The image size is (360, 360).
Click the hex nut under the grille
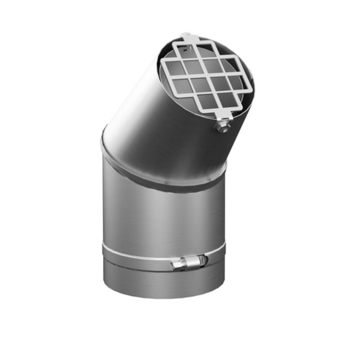pos(223,126)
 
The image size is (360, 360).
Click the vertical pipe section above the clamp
pos(159,216)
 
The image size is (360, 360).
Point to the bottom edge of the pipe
pos(165,297)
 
